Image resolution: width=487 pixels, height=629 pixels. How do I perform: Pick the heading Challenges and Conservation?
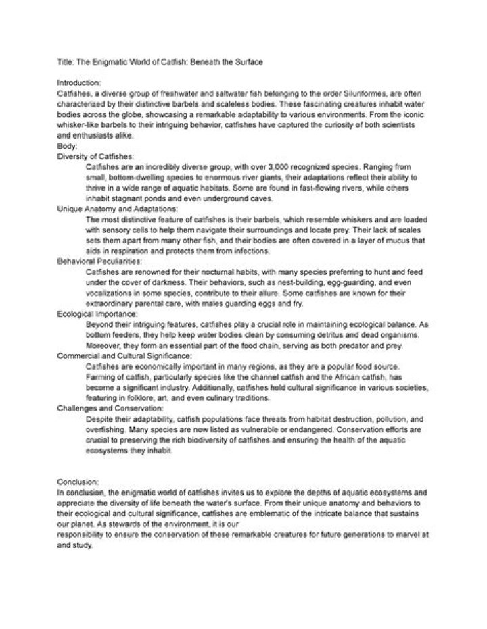pyautogui.click(x=101, y=409)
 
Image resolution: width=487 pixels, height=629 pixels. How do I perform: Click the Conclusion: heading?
pyautogui.click(x=77, y=482)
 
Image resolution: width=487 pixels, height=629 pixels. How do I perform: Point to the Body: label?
pyautogui.click(x=68, y=146)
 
